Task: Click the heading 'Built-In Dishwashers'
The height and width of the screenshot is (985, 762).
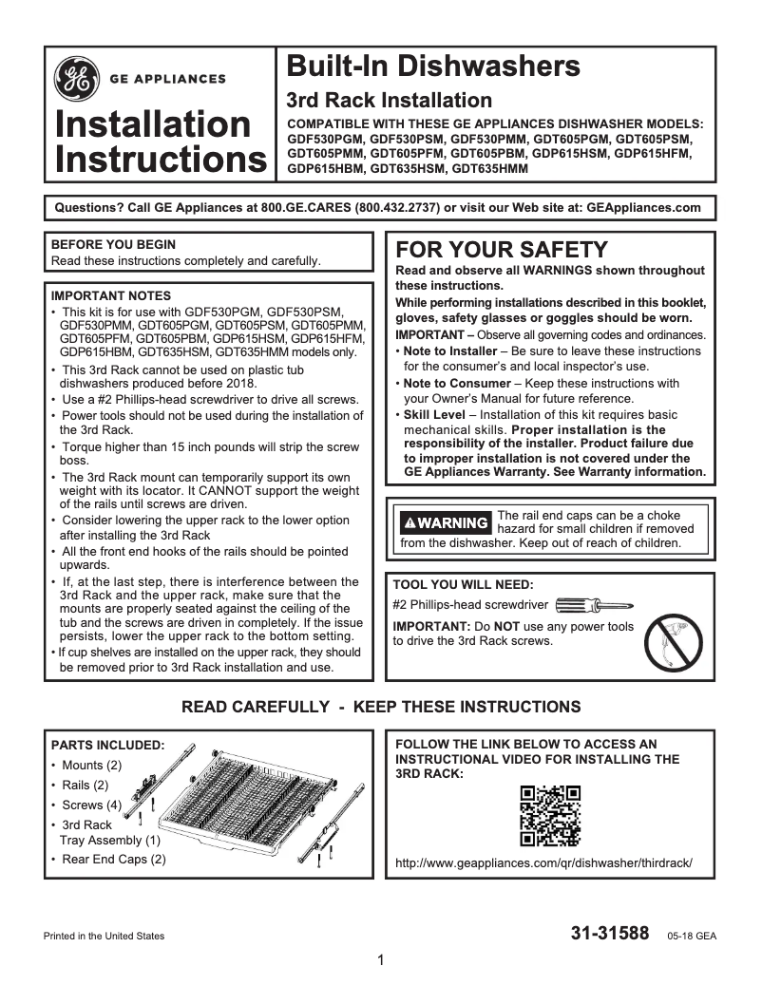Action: [x=433, y=66]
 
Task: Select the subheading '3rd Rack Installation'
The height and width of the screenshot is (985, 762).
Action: [x=390, y=101]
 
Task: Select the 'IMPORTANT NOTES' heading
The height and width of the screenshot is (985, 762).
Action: [x=111, y=295]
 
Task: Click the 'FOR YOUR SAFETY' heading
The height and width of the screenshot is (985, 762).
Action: [x=501, y=250]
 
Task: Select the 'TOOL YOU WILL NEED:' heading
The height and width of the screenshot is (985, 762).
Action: [x=463, y=584]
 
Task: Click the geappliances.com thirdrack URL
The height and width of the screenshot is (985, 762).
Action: [x=543, y=863]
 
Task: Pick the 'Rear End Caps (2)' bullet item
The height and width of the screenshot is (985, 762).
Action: [x=113, y=860]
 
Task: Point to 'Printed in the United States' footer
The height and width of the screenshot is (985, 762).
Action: [x=105, y=936]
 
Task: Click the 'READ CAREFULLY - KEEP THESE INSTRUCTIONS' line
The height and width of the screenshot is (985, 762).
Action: [x=380, y=708]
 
